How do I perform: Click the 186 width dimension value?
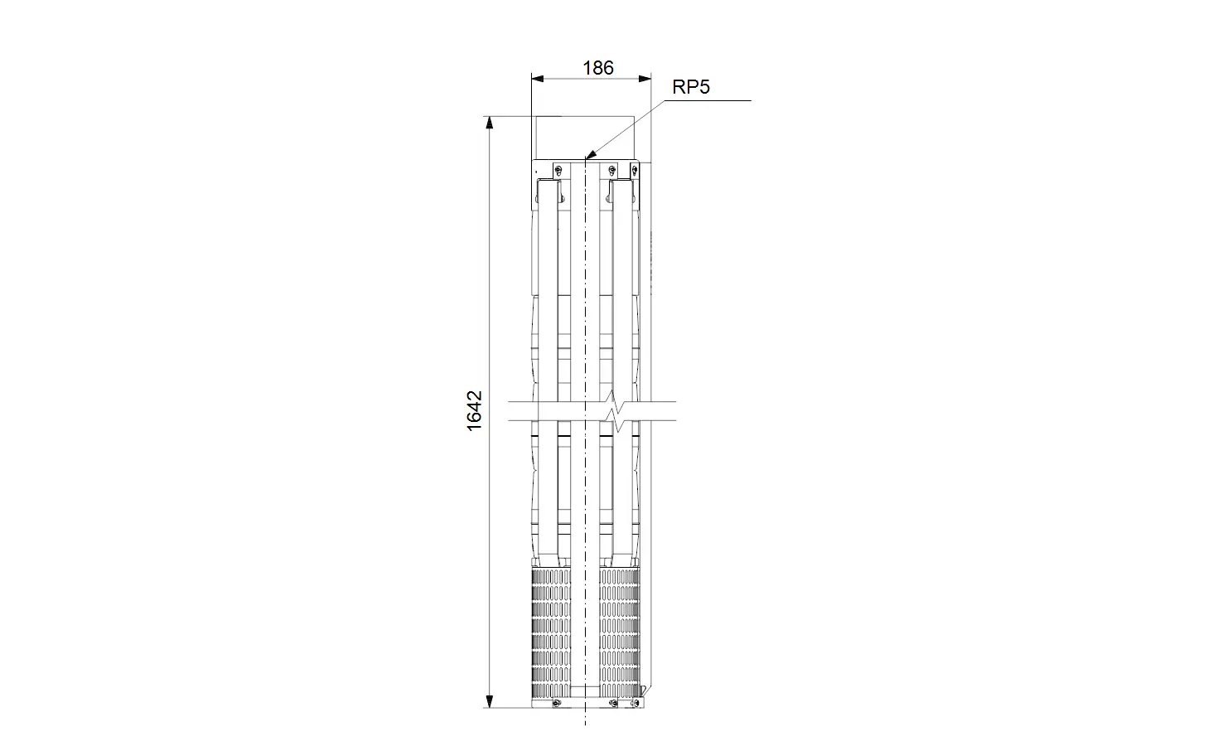[x=598, y=68]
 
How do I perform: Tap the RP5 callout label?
[x=691, y=87]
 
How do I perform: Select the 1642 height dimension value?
[x=474, y=411]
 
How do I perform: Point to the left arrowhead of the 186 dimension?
[x=537, y=79]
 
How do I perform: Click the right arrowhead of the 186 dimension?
[x=645, y=79]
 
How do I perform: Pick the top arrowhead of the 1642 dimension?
[x=490, y=123]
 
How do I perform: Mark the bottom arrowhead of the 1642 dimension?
[x=490, y=701]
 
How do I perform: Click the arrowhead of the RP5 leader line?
[x=590, y=155]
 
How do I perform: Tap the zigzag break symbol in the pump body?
[x=614, y=410]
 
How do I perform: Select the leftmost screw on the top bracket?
[x=558, y=171]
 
